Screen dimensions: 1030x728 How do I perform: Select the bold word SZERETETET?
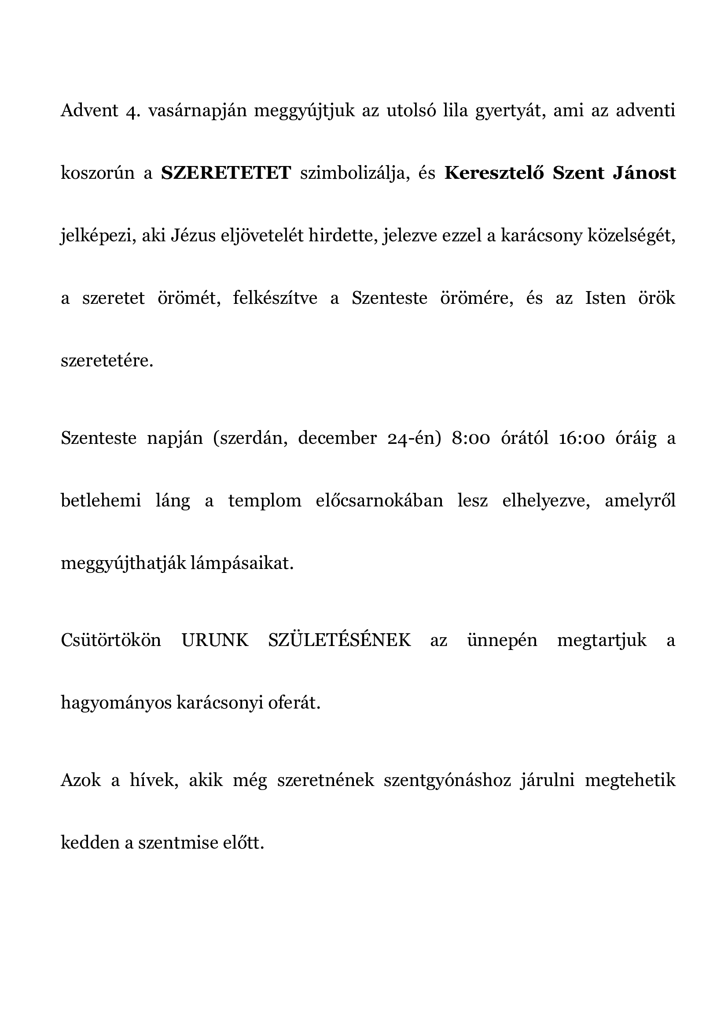226,173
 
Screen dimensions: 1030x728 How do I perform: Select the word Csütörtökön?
111,640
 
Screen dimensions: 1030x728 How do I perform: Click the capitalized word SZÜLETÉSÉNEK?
339,640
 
